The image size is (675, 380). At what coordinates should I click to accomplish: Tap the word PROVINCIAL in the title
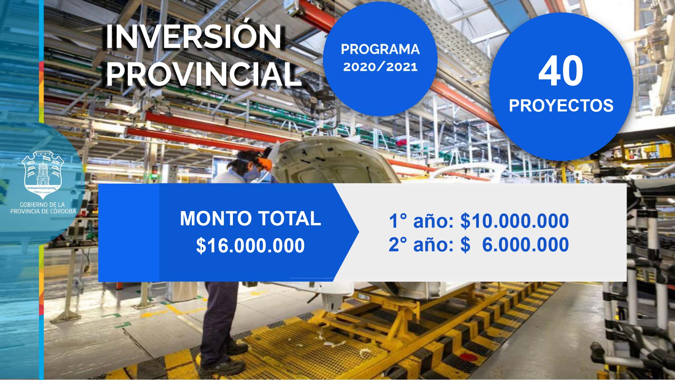point(204,74)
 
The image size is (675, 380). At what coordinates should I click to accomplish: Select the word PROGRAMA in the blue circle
point(380,49)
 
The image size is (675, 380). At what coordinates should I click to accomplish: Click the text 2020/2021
point(380,67)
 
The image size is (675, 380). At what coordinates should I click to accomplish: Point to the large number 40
point(561,71)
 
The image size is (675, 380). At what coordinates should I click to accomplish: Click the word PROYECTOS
point(561,106)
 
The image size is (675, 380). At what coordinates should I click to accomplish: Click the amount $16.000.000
point(250,246)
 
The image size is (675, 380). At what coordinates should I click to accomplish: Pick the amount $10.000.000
point(515,221)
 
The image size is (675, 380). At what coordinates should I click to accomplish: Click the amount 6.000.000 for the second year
point(525,245)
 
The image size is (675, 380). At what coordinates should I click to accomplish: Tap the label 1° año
point(421,221)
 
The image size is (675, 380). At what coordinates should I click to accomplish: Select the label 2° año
point(421,245)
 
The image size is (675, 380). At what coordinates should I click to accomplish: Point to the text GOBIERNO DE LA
point(42,205)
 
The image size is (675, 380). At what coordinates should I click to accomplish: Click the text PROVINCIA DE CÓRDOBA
point(43,211)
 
